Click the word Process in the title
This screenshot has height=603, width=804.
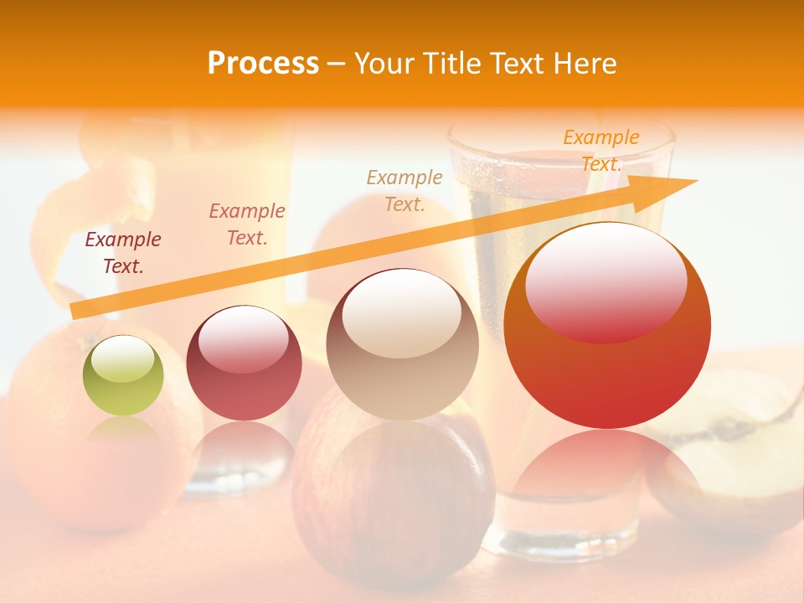(263, 64)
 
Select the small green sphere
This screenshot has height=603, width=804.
(123, 375)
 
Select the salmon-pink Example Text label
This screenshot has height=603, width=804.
(247, 224)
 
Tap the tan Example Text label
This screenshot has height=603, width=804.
(405, 190)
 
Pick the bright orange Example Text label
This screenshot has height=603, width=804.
(600, 151)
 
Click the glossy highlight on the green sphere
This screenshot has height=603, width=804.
(122, 358)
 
